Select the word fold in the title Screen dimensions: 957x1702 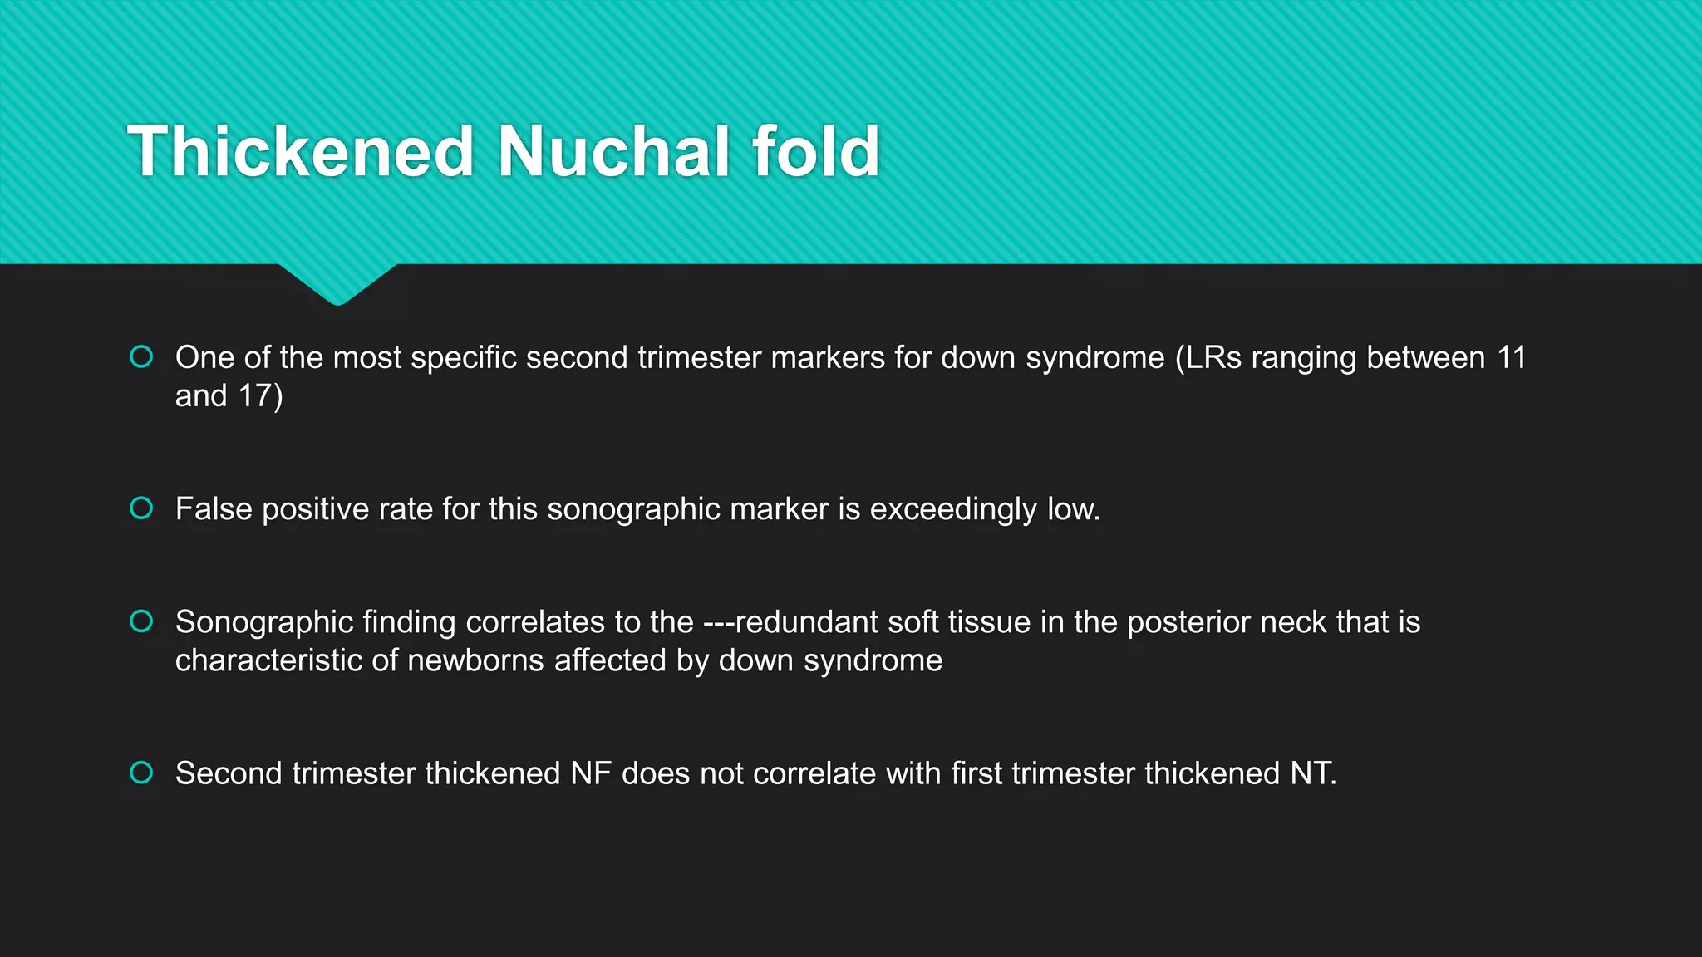(x=815, y=151)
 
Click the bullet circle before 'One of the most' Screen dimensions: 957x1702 (x=141, y=356)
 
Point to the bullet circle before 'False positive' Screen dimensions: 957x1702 (x=141, y=508)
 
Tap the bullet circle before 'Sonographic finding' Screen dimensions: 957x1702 (x=141, y=621)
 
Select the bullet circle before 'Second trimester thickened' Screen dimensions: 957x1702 (x=141, y=773)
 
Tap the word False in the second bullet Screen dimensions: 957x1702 (x=214, y=508)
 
